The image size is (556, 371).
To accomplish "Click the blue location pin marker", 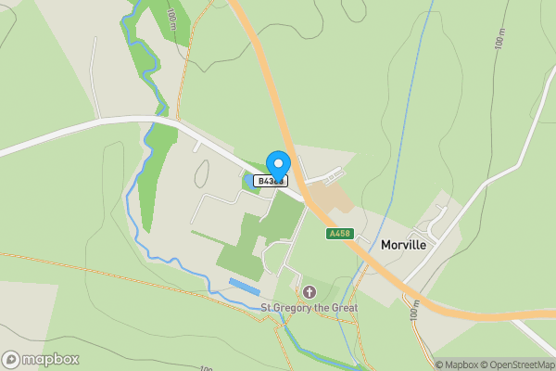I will tap(277, 164).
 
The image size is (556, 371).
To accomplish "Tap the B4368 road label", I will tap(270, 182).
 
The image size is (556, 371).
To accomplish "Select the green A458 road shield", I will tap(339, 234).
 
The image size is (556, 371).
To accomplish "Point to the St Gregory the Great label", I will tap(309, 308).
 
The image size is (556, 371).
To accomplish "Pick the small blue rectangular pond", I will tap(244, 287).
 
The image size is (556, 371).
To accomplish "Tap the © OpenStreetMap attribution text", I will tap(516, 365).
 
